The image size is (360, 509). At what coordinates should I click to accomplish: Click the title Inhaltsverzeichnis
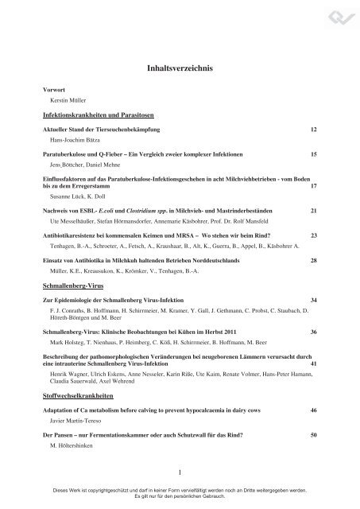(180, 69)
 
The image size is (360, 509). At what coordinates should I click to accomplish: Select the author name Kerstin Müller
(67, 103)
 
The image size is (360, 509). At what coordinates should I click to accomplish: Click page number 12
(314, 129)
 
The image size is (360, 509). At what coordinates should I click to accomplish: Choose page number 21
(314, 209)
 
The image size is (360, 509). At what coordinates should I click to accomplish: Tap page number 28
(314, 261)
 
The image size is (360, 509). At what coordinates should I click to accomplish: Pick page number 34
(314, 298)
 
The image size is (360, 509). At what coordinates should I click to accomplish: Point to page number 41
(314, 363)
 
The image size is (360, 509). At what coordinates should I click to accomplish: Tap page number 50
(314, 437)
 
